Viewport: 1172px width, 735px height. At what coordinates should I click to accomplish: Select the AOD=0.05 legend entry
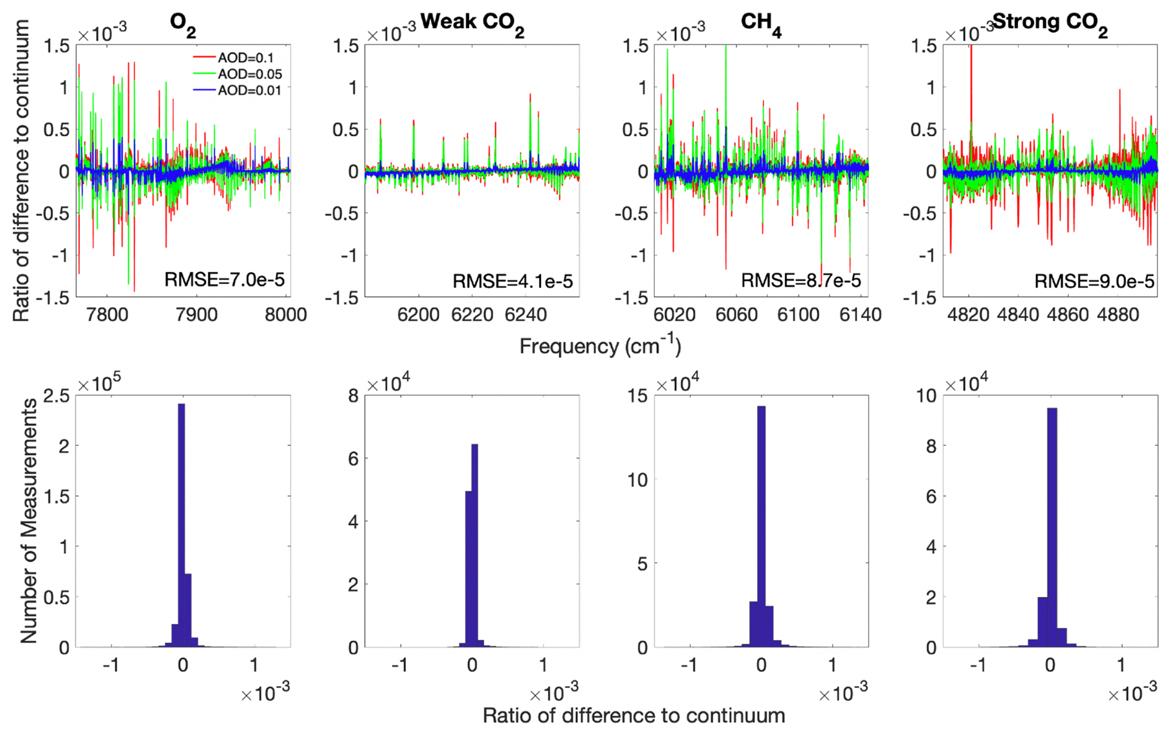tap(249, 74)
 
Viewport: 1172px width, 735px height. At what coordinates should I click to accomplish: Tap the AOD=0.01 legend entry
tap(249, 91)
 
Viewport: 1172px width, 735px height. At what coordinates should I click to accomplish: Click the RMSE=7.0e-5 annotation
tap(225, 280)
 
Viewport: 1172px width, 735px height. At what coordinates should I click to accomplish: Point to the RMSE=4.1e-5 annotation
tap(513, 281)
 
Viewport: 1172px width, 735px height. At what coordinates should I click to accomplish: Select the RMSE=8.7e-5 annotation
tap(801, 280)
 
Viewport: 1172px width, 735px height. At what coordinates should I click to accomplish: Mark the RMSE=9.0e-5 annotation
tap(1094, 281)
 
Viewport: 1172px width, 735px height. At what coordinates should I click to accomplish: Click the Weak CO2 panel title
tap(472, 23)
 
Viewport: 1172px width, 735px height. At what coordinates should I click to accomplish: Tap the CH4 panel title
tap(761, 23)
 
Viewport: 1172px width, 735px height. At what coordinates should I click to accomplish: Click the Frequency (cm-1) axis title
tap(600, 346)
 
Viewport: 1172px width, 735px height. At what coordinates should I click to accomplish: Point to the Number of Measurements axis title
tap(28, 521)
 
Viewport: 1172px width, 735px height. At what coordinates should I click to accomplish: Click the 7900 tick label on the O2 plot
tap(197, 315)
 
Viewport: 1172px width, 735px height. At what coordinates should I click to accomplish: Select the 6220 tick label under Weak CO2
tap(472, 315)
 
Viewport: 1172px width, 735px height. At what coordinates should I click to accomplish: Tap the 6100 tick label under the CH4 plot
tap(798, 315)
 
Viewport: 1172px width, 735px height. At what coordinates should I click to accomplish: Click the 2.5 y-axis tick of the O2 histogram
tap(57, 396)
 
